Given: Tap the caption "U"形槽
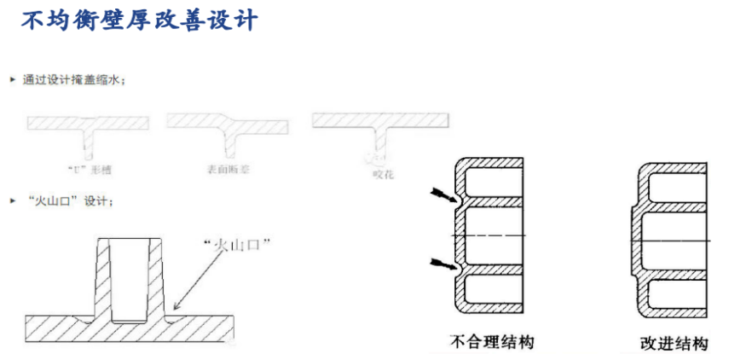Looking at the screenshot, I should point(89,169).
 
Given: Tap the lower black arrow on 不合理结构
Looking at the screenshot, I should point(445,263).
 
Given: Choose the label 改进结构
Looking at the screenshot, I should point(674,344).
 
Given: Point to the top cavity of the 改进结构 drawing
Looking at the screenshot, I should point(678,183).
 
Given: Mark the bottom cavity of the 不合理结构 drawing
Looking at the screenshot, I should point(495,290).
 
